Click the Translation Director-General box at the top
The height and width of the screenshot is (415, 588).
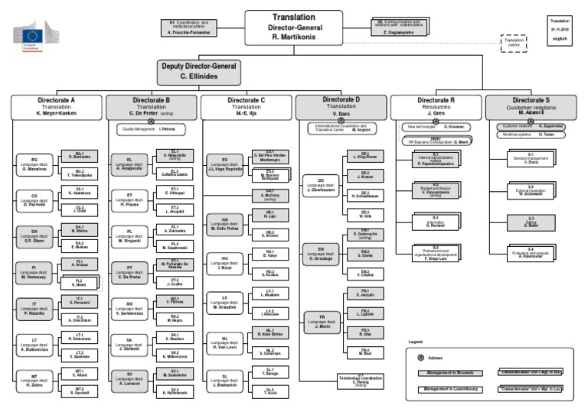pos(293,26)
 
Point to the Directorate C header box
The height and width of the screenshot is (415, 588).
pos(247,105)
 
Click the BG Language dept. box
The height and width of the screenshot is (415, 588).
pos(35,163)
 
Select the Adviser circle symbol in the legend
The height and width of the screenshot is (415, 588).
pos(420,356)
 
